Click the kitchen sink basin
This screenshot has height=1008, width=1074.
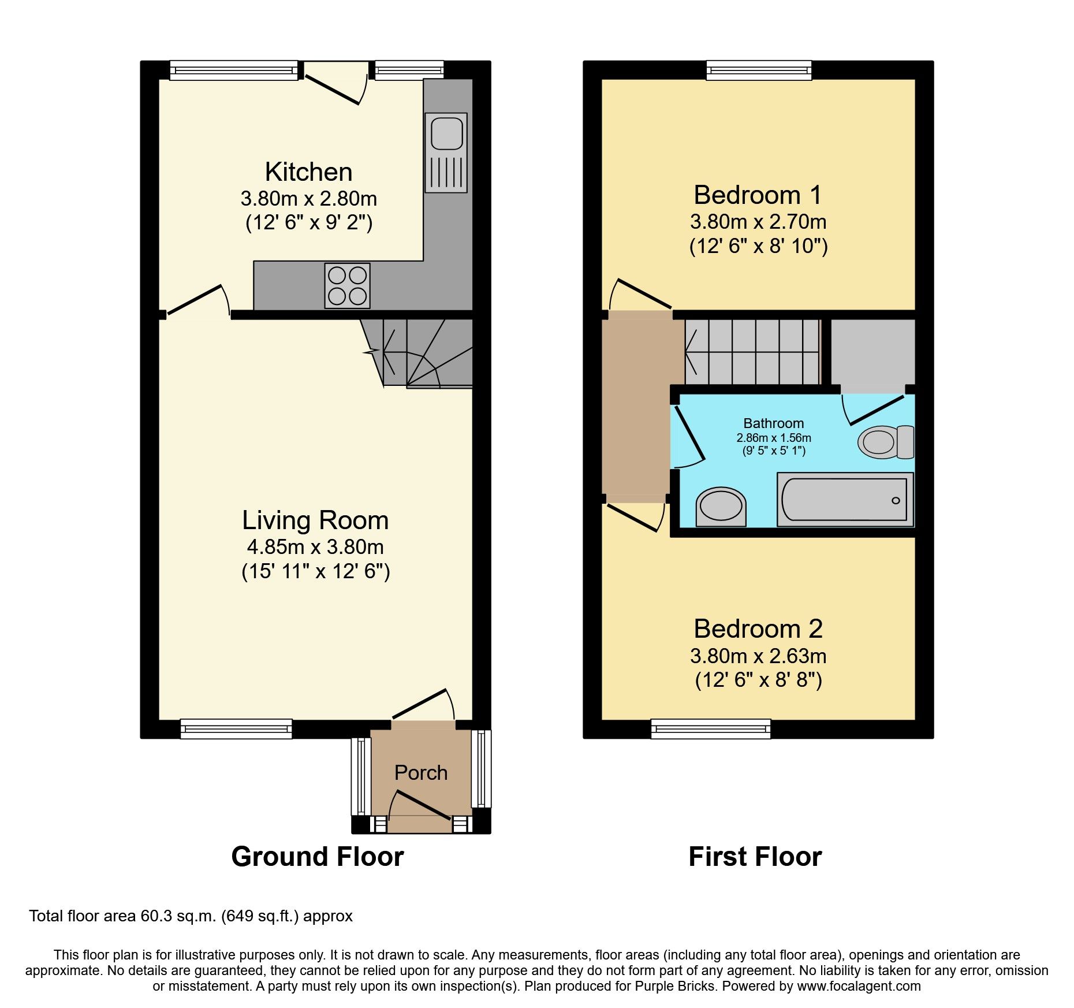click(x=446, y=133)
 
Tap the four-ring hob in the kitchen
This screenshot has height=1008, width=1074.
click(x=347, y=285)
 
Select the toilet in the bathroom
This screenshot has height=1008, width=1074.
click(x=885, y=442)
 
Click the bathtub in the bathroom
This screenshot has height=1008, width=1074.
click(x=845, y=500)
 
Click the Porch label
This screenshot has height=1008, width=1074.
click(x=421, y=773)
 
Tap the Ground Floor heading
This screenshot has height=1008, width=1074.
click(x=318, y=857)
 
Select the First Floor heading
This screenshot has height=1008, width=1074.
click(x=755, y=857)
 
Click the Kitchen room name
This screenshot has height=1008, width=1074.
click(x=308, y=172)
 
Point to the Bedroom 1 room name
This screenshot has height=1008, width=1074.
click(x=758, y=195)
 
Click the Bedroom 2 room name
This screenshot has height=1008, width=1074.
click(x=758, y=629)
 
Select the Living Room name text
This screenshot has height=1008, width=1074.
click(x=315, y=520)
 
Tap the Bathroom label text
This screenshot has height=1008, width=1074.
click(x=773, y=423)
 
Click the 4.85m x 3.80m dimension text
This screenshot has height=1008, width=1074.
click(x=315, y=547)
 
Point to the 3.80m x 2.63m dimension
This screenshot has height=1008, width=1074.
click(x=758, y=656)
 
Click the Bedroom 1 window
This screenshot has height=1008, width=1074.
click(x=759, y=70)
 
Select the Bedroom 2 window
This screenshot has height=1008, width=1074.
click(x=711, y=729)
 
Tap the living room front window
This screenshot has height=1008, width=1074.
click(x=236, y=729)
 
